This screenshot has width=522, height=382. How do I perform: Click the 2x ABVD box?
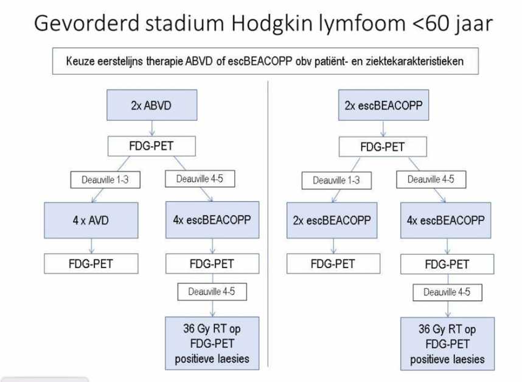pos(152,105)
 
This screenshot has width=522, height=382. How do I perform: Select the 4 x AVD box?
pos(91,220)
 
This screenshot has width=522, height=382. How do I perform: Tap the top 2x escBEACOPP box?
pos(383,105)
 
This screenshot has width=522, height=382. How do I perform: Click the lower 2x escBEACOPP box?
pos(332,220)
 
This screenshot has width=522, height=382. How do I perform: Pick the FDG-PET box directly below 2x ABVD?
pos(151,146)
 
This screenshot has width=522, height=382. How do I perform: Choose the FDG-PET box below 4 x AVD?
pos(91,264)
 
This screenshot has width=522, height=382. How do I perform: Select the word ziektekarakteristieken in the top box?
pos(414,62)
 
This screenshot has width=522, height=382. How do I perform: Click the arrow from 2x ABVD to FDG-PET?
pos(152,129)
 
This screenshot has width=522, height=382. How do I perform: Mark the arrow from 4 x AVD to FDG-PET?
pos(91,246)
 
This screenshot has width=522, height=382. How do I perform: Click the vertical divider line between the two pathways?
pos(268,224)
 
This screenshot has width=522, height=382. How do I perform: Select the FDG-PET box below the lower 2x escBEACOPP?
pos(333,264)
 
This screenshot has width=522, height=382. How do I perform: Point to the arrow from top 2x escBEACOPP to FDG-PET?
pos(383,129)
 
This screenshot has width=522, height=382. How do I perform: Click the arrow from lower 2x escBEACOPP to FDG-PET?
pos(333,246)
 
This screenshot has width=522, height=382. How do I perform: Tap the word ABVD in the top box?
pos(199,62)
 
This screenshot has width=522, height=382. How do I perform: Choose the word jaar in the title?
pos(473,24)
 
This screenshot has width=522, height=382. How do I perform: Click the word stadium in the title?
pos(185,23)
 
